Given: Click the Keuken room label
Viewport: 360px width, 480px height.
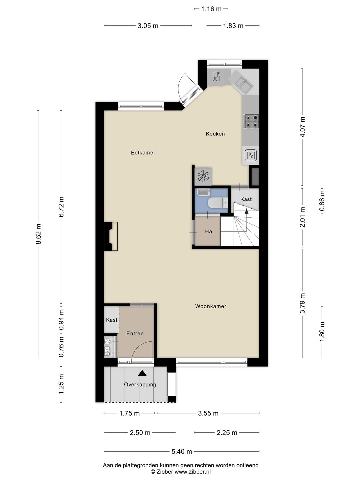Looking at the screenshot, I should pos(215,134).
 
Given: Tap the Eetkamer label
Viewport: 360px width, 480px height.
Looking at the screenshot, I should pos(143,153).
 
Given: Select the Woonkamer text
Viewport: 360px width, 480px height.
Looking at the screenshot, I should pos(211,306).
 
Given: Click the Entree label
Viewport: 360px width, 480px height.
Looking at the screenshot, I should pos(135,333).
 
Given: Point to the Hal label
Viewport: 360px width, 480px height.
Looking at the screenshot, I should pos(209,231).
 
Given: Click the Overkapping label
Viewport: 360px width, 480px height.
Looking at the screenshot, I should pos(140,384).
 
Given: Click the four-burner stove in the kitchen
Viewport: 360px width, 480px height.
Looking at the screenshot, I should pos(251,121).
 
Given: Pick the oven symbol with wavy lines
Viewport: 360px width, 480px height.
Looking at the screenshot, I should pos(250,155).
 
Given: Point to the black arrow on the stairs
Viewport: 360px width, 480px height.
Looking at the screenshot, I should pos(246,211).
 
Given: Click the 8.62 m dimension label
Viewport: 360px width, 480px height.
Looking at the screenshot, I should pos(39,234).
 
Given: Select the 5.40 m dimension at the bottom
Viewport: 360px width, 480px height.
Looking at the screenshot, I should pos(182,452).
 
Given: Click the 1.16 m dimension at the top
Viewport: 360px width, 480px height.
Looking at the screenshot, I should pos(211,9).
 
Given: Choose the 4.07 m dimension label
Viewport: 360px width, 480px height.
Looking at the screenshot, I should pos(302,127).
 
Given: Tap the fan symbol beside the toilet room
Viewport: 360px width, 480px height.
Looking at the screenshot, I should pos(203,176).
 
